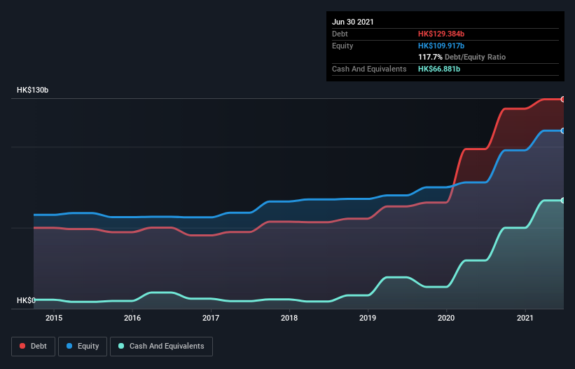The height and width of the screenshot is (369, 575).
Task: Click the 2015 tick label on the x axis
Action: click(54, 318)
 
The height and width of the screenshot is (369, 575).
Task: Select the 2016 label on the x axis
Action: click(132, 318)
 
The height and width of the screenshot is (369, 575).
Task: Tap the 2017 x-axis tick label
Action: click(211, 318)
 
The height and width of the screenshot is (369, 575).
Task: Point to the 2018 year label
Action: click(289, 318)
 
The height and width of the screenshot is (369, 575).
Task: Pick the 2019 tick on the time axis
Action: click(368, 318)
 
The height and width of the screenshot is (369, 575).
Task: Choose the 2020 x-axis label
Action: click(446, 318)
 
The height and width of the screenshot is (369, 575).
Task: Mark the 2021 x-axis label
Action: click(525, 318)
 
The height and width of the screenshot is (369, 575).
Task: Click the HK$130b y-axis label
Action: click(33, 90)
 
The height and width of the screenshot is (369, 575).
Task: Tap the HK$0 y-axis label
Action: click(25, 301)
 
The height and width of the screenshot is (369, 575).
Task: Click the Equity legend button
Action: click(82, 346)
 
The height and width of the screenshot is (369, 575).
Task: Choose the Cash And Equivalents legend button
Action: click(161, 346)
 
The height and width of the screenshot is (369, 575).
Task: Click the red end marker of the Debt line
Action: click(563, 99)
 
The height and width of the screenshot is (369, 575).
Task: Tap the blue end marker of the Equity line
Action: click(563, 130)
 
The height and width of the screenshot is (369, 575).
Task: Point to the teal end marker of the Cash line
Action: click(563, 201)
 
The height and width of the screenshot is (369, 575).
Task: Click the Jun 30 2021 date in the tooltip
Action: click(353, 22)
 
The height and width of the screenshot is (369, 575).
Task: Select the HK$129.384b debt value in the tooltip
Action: click(441, 34)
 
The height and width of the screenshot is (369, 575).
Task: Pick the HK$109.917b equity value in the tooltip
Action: click(441, 46)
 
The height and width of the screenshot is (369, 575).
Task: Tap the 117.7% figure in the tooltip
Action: click(430, 57)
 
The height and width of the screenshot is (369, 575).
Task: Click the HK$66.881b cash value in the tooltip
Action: click(439, 69)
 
